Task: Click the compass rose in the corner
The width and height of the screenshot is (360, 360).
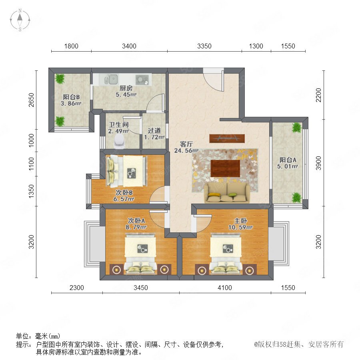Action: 20,20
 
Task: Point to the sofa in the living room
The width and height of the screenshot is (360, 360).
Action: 227,193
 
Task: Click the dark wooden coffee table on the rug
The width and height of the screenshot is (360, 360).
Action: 225,168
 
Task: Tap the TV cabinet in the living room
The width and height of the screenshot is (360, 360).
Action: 227,138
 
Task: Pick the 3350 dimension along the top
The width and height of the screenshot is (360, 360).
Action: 204,46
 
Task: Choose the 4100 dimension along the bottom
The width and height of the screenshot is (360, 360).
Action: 224,288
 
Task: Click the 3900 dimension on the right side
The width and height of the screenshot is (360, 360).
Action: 318,163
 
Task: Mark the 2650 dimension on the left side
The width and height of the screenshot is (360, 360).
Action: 31,100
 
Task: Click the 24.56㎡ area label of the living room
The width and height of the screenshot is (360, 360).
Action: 186,151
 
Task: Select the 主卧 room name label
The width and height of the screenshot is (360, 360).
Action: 240,221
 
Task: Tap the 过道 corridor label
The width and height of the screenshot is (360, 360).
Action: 154,131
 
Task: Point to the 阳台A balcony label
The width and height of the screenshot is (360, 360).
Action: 288,160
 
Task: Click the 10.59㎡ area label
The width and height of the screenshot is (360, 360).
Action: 240,227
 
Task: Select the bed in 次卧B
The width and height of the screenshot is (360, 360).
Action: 126,171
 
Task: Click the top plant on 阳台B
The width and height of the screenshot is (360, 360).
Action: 60,79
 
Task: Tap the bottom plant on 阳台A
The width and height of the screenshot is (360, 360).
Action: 296,198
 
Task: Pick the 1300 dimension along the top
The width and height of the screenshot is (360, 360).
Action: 256,46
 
